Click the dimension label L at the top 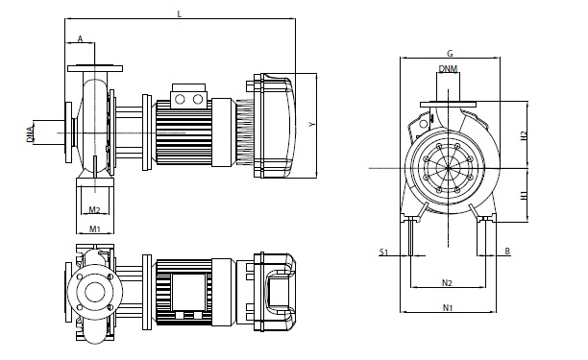pos(180,14)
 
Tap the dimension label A pos(80,38)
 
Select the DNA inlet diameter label pos(30,133)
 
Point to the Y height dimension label pos(311,124)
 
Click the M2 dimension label pos(94,210)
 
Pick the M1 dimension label pos(94,228)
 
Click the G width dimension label pos(450,54)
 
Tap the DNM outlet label pos(448,69)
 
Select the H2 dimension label pos(524,135)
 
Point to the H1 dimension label pos(524,195)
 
